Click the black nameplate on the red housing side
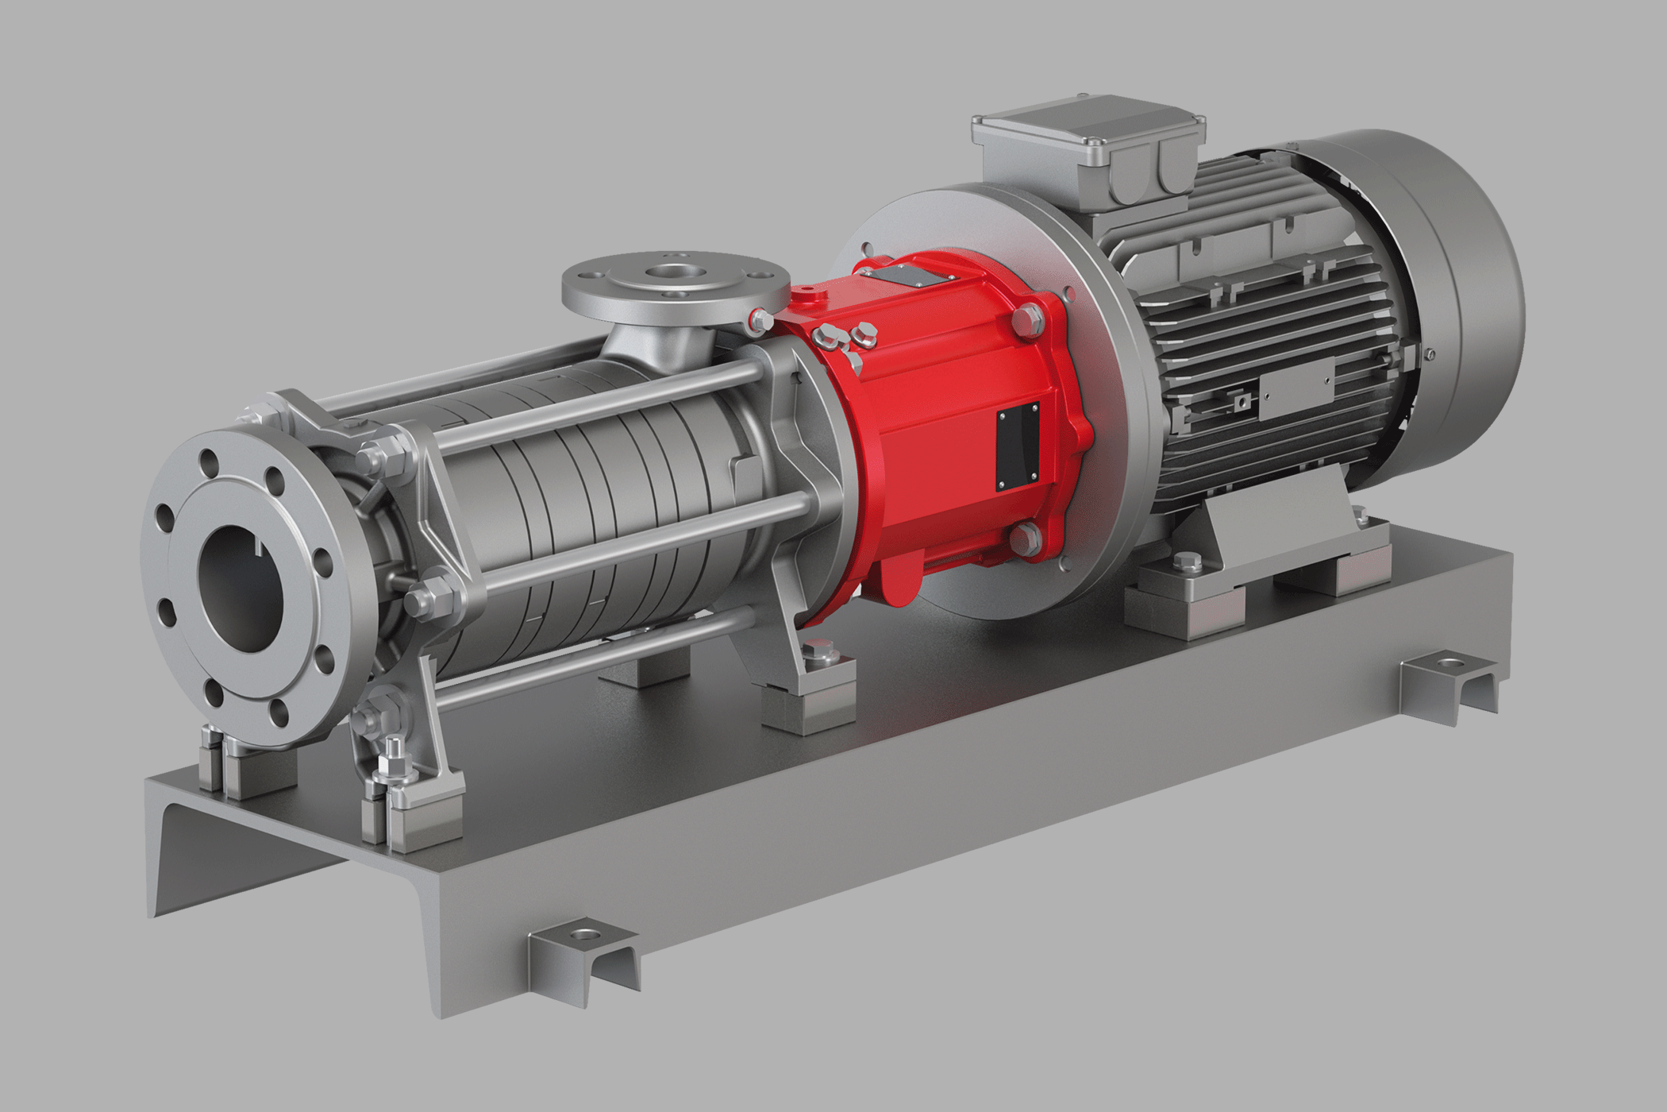(x=1018, y=446)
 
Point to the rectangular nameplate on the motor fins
(x=1296, y=388)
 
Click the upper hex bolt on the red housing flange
(x=1028, y=320)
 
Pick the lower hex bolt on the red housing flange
(x=1025, y=539)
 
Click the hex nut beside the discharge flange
(x=759, y=320)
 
